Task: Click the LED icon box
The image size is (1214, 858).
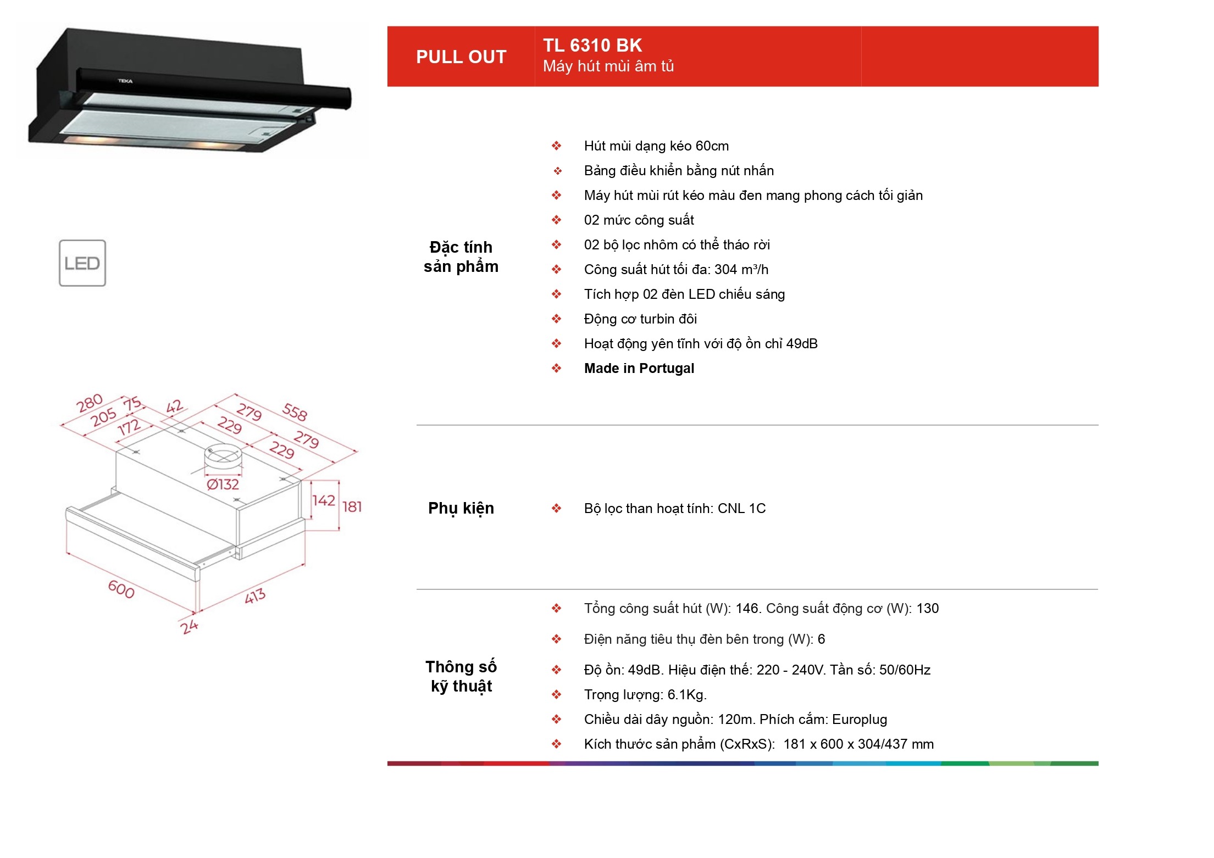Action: point(82,263)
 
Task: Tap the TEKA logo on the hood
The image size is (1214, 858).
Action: point(125,81)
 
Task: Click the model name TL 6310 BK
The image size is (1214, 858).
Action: point(592,45)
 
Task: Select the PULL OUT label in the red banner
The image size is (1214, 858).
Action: point(461,57)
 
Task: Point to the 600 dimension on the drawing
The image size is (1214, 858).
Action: point(121,589)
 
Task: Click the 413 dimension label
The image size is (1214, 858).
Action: point(255,595)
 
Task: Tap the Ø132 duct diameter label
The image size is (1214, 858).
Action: point(223,484)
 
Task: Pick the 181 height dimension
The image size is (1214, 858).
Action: point(352,506)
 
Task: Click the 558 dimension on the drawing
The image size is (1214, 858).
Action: point(295,412)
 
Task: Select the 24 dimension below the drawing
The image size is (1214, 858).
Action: point(189,626)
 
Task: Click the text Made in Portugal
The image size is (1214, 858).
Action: point(639,368)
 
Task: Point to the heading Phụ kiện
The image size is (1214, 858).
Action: point(461,509)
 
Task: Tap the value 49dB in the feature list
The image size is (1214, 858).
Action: point(802,344)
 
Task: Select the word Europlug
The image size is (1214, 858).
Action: point(860,720)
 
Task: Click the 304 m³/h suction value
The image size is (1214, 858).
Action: point(741,269)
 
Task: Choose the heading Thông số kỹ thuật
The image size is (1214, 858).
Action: point(461,676)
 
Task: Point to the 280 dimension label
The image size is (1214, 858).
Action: point(90,403)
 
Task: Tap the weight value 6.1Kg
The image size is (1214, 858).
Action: point(687,695)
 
